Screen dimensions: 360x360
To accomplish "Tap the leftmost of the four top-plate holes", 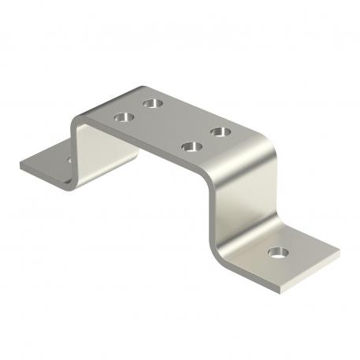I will click(x=124, y=117).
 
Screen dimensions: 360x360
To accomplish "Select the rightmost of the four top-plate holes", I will click(x=220, y=130).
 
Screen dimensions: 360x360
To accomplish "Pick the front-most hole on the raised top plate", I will click(x=189, y=146).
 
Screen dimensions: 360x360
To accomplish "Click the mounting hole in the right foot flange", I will click(x=276, y=253).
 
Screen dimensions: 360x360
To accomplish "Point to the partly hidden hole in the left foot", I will click(x=69, y=160).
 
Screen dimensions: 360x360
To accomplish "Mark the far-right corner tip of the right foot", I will click(x=339, y=251).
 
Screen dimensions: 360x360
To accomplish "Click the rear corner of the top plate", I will click(x=143, y=87).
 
